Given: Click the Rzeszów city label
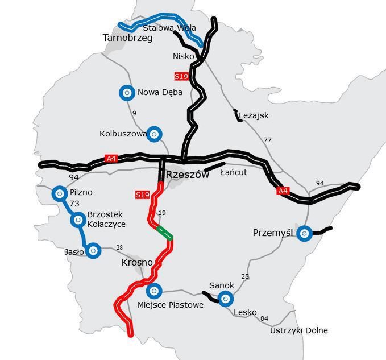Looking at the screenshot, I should click(188, 175).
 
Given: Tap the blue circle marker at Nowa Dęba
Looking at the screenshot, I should click(126, 92).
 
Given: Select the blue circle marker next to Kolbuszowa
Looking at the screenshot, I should click(154, 134).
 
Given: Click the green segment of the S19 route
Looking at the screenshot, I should click(164, 231).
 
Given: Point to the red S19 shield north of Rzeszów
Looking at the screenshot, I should click(181, 76).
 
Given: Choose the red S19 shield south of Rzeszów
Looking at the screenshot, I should click(143, 195).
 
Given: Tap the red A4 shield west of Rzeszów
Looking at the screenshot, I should click(111, 159).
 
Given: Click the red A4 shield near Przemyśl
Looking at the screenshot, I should click(283, 191).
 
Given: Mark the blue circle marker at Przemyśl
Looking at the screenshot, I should click(305, 233).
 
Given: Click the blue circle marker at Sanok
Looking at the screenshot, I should click(226, 297).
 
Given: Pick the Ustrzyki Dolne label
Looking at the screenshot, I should click(299, 330).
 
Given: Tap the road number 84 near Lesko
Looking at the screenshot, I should click(264, 318).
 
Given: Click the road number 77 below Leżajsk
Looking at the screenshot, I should click(268, 139).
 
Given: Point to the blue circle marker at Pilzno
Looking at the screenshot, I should click(59, 193).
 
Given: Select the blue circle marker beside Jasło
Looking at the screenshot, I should click(93, 250).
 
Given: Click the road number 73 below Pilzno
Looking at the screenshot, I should click(74, 204).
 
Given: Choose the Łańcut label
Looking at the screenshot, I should click(234, 172).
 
